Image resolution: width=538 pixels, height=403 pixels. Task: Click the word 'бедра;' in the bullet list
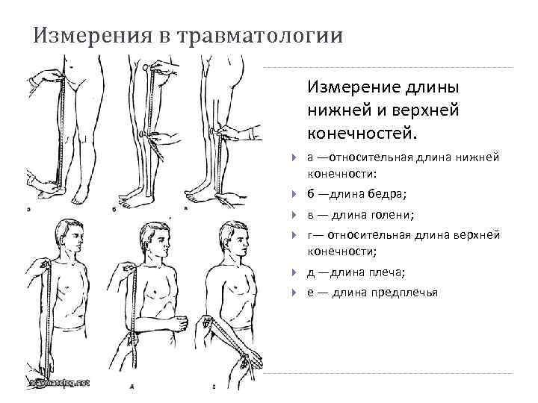click(x=388, y=196)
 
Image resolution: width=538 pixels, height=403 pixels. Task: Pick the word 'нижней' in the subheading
click(x=338, y=110)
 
